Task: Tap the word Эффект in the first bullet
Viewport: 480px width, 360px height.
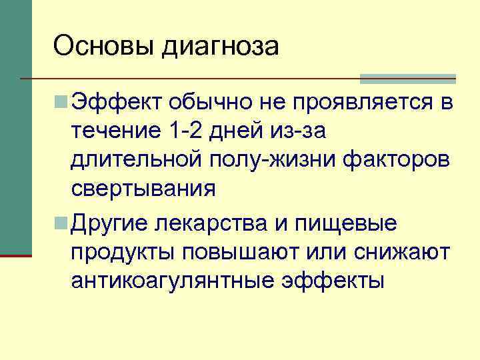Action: coord(116,103)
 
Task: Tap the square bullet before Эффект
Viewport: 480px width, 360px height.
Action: coord(61,103)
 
